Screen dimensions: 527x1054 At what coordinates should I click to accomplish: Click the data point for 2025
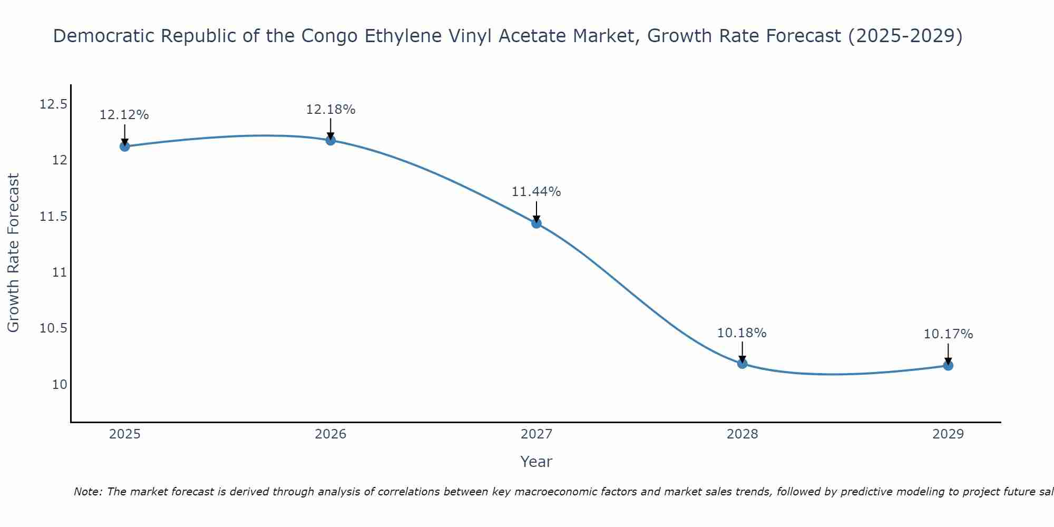coord(124,146)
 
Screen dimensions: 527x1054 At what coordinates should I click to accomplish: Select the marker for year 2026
coord(330,140)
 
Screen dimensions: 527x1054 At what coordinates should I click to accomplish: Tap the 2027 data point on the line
coord(536,223)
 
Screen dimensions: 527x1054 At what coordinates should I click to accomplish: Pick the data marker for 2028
coord(742,363)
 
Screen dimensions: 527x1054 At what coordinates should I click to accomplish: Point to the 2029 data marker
coord(948,365)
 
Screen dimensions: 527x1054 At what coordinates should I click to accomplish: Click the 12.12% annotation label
coord(124,115)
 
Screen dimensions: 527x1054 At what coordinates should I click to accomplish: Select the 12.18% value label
coord(330,110)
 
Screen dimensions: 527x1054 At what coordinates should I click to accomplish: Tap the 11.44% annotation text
coord(536,192)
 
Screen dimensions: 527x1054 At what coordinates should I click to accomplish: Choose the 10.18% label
coord(742,333)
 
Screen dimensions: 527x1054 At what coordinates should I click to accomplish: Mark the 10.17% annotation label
coord(948,334)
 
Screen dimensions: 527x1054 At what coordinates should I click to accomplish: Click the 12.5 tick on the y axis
coord(54,104)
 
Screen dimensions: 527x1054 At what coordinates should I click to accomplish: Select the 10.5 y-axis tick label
coord(54,328)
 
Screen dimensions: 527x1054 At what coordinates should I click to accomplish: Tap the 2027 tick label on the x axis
coord(536,434)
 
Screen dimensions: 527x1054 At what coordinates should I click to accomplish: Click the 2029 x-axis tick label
coord(948,434)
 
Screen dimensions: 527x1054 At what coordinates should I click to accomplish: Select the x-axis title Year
coord(536,462)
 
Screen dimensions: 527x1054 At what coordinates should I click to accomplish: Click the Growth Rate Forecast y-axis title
coord(13,253)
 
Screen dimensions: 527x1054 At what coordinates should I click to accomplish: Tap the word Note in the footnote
coord(87,492)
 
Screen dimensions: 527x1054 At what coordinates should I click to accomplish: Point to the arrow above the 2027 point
coord(536,212)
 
